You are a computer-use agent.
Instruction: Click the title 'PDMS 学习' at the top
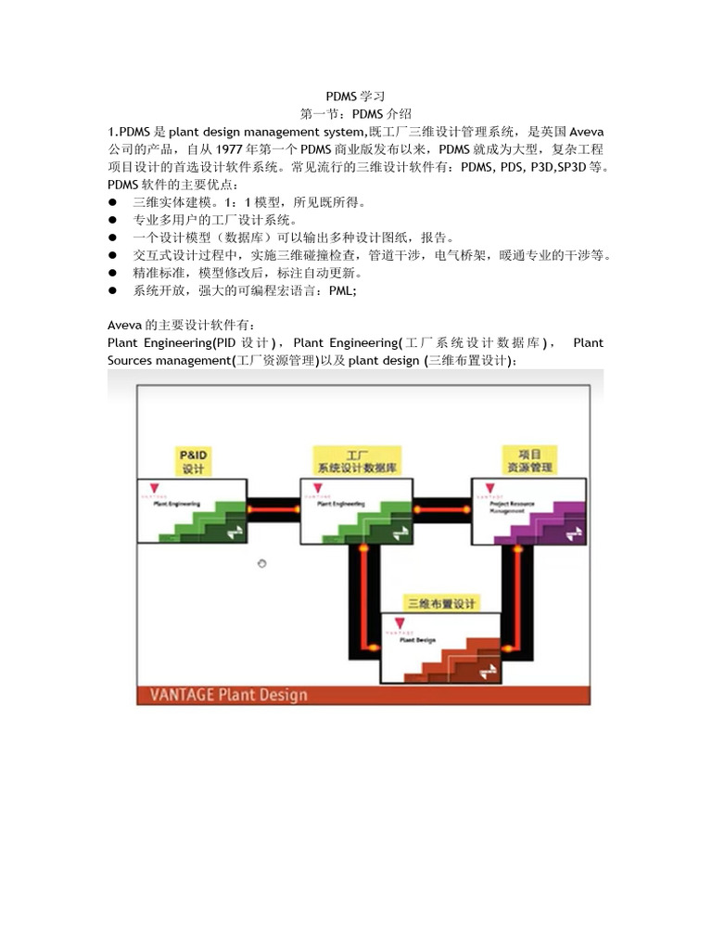[x=355, y=96]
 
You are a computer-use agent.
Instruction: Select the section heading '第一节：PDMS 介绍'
[x=355, y=113]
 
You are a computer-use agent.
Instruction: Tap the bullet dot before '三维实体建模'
[x=113, y=202]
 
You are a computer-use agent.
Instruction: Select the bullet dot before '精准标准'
[x=113, y=273]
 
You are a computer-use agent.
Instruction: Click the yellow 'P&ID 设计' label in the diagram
[x=193, y=462]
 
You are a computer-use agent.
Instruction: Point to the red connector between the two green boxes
[x=273, y=509]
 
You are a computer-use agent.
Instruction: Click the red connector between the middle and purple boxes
[x=441, y=509]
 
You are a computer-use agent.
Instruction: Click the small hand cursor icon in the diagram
[x=262, y=563]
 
